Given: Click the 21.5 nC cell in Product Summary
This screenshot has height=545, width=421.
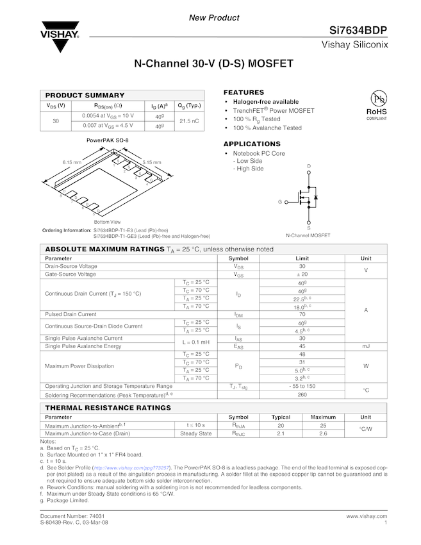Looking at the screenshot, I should (189, 121).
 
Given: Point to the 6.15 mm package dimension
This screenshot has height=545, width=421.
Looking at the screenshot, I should (72, 162).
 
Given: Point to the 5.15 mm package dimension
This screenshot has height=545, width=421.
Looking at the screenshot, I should (152, 162).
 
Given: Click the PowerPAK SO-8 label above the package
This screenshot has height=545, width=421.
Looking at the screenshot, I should (107, 140).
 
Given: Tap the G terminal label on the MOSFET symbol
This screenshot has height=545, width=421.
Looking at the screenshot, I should (280, 201).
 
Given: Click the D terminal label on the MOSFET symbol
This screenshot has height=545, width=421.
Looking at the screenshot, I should (309, 166).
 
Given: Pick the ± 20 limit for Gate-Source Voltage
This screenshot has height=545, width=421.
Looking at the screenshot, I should (302, 274).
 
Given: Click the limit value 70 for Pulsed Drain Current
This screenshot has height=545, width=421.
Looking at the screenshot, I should (302, 314).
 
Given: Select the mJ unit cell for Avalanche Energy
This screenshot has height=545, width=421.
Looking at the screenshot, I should (366, 346).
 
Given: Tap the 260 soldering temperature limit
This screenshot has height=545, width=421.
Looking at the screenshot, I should (302, 394).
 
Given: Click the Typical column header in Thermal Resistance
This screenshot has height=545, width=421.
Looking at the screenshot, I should (281, 417).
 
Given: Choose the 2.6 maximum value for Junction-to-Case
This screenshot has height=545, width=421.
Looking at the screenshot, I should (323, 433).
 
